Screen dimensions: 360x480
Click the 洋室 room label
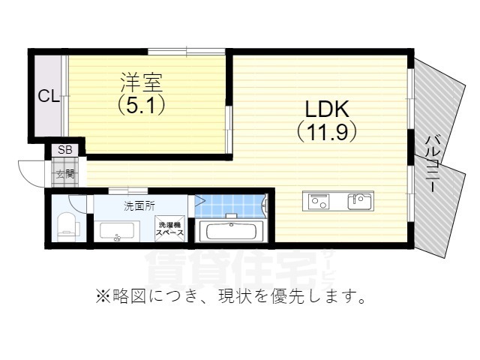pyautogui.click(x=140, y=79)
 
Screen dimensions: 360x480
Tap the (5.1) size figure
pyautogui.click(x=140, y=104)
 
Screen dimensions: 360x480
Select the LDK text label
pyautogui.click(x=325, y=108)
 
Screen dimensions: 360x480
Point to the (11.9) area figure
pyautogui.click(x=325, y=133)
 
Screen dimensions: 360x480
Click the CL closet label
pyautogui.click(x=49, y=96)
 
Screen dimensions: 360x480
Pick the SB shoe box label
pyautogui.click(x=65, y=149)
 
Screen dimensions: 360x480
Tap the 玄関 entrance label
pyautogui.click(x=65, y=174)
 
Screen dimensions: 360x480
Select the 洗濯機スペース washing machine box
pyautogui.click(x=170, y=229)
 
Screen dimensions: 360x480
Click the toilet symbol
pyautogui.click(x=66, y=224)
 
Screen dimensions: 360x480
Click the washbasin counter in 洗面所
pyautogui.click(x=117, y=232)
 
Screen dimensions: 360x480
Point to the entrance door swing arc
pyautogui.click(x=30, y=175)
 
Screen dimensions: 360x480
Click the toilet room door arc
pyautogui.click(x=77, y=202)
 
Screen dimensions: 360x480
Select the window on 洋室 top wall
pyautogui.click(x=186, y=51)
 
